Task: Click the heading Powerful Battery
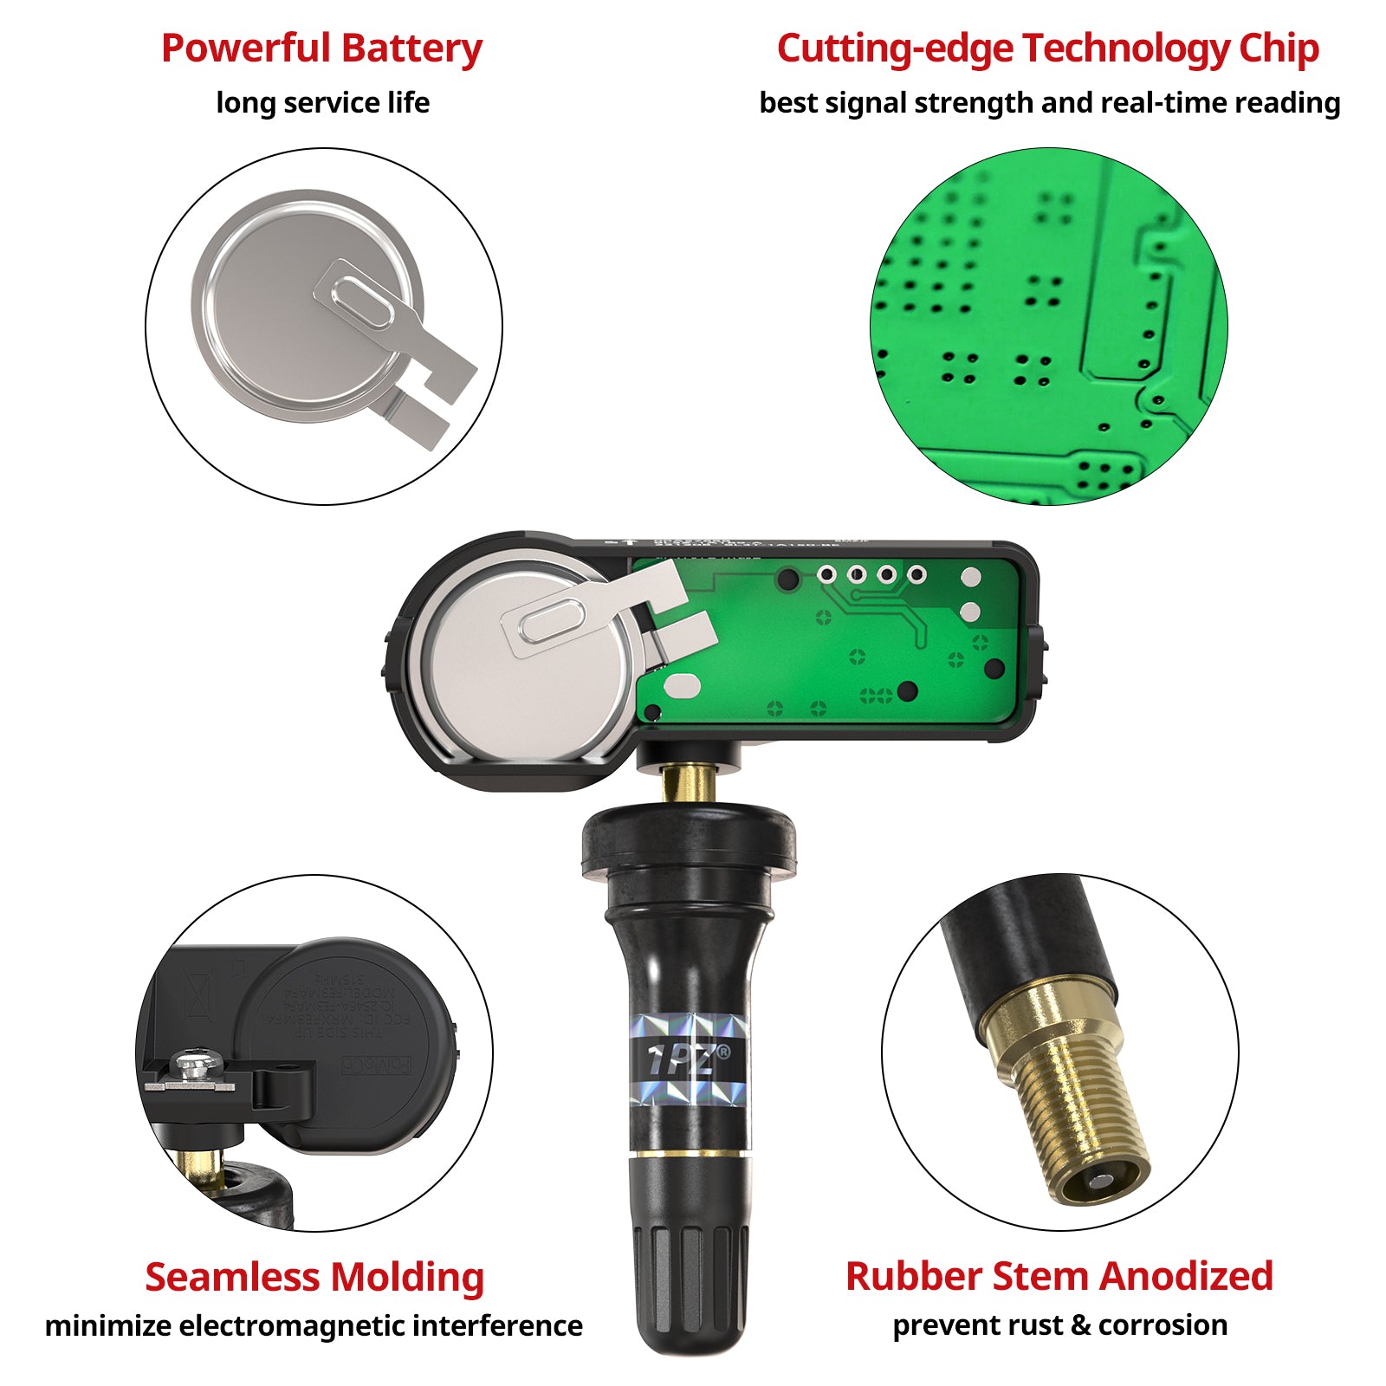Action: [x=321, y=49]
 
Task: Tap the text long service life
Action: [x=322, y=103]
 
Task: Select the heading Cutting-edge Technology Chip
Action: [x=1047, y=49]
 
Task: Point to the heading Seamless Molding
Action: [x=314, y=1277]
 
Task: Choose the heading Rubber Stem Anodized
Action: [x=1059, y=1276]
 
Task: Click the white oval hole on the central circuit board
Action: [x=682, y=686]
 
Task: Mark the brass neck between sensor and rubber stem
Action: [x=689, y=785]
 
